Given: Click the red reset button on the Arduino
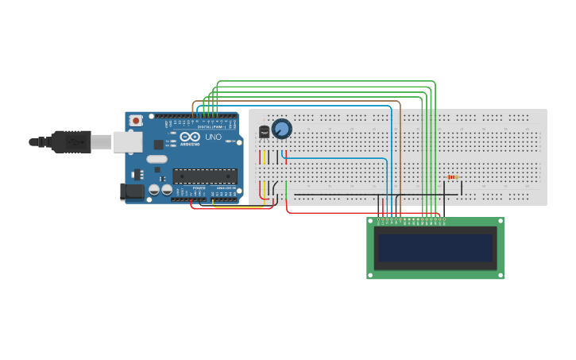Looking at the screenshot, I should pos(136,121).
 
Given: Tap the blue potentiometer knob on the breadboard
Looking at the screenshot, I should pos(281,129).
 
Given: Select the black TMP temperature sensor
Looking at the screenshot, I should pos(264,132).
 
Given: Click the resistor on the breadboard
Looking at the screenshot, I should pos(453,177).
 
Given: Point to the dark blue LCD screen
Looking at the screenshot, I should pos(435,248).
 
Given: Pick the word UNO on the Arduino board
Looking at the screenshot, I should pos(213,137).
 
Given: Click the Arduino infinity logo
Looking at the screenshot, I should pos(188,137).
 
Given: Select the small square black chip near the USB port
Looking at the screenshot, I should pos(158,145).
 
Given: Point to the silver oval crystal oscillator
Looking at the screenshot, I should pos(157,159).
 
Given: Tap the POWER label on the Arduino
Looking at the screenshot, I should pos(199,188).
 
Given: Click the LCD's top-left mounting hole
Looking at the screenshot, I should pos(370,222).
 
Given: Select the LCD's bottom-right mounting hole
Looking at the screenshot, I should pos(500,275).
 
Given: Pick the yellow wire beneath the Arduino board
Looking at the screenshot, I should pos(238,207).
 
